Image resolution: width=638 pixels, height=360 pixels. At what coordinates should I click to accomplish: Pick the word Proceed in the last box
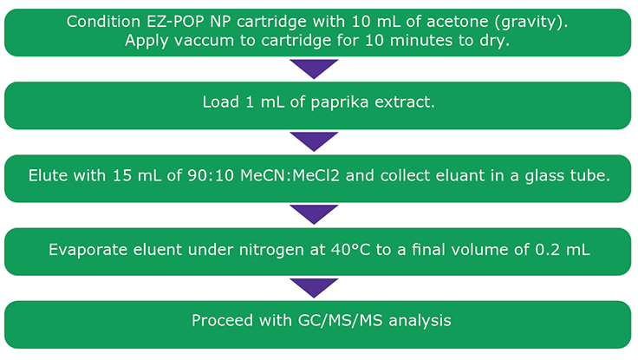[x=219, y=321]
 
